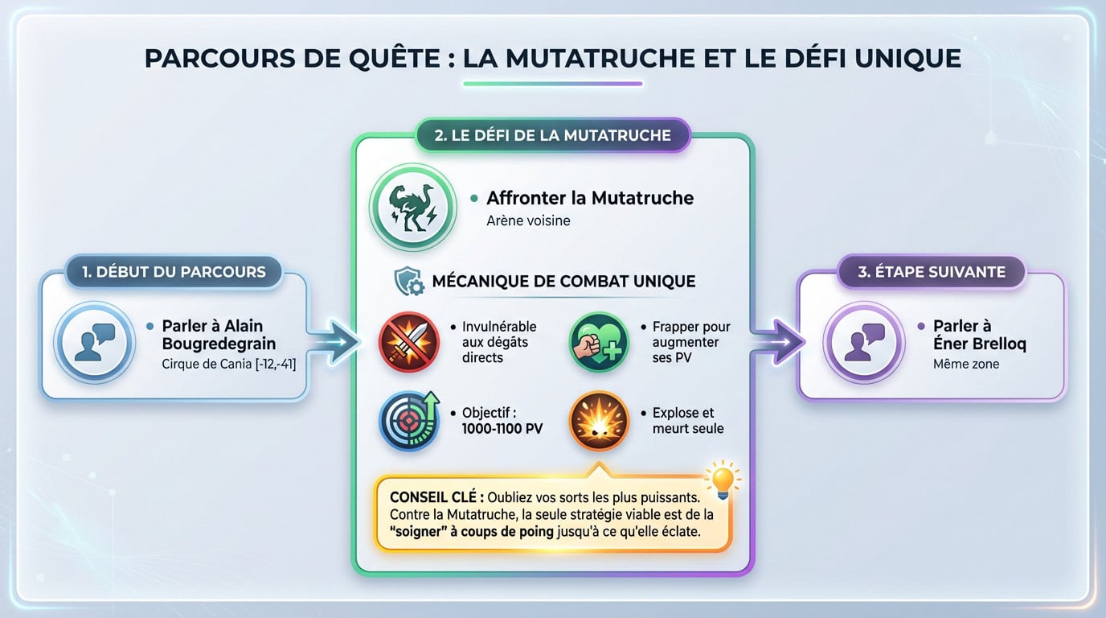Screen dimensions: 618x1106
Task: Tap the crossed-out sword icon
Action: [409, 342]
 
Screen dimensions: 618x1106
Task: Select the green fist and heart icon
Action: [598, 342]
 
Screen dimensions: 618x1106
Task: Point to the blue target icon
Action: [409, 421]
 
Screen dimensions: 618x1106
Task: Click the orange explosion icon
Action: [598, 421]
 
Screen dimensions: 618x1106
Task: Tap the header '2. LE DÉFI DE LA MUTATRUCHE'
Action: [552, 136]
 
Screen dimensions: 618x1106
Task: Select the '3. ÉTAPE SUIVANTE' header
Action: [931, 271]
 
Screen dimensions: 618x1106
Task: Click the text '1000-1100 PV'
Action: [502, 428]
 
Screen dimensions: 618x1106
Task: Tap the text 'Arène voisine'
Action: [528, 220]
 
